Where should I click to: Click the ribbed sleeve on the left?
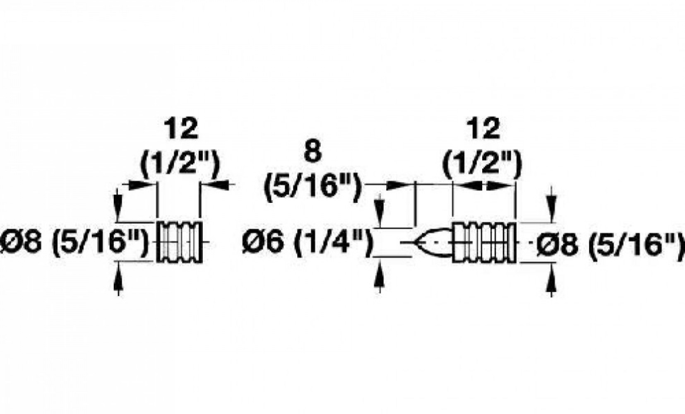180,242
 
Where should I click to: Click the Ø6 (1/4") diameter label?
305,242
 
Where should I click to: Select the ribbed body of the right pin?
484,242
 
